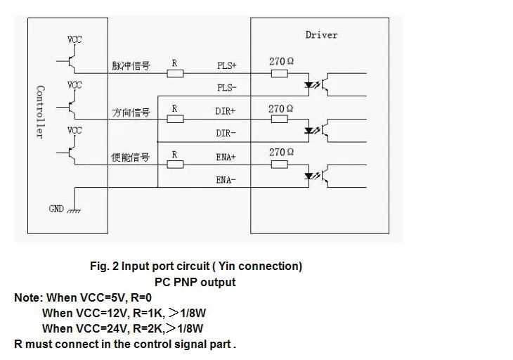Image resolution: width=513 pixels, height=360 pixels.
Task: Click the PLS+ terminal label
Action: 227,65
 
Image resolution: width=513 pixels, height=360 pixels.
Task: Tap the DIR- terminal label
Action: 226,133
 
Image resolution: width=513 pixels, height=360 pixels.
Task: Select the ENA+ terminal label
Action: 226,157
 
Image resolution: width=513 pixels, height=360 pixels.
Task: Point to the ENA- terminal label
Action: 226,180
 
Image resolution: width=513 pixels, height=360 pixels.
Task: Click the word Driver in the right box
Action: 321,34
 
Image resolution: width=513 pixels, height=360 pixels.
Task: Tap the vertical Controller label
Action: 40,112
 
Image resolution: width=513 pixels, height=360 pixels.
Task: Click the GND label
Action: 56,209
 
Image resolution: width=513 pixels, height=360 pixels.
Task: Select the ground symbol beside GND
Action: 74,211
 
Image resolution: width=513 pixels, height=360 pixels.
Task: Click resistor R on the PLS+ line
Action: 175,73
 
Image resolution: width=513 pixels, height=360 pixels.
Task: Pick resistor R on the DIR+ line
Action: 175,119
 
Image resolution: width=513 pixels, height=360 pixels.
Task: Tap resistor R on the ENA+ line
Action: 175,165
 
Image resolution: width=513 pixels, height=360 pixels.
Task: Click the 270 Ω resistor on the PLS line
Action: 280,73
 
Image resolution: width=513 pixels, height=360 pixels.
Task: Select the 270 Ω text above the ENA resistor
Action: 281,152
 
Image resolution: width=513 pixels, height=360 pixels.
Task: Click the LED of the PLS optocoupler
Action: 309,85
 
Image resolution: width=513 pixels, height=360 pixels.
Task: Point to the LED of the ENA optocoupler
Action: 309,176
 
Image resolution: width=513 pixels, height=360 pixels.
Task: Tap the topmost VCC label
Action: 74,39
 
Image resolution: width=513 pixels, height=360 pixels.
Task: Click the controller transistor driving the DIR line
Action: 70,107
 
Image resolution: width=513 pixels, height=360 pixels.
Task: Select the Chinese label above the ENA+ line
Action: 130,157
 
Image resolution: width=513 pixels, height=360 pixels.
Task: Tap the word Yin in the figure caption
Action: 227,266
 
